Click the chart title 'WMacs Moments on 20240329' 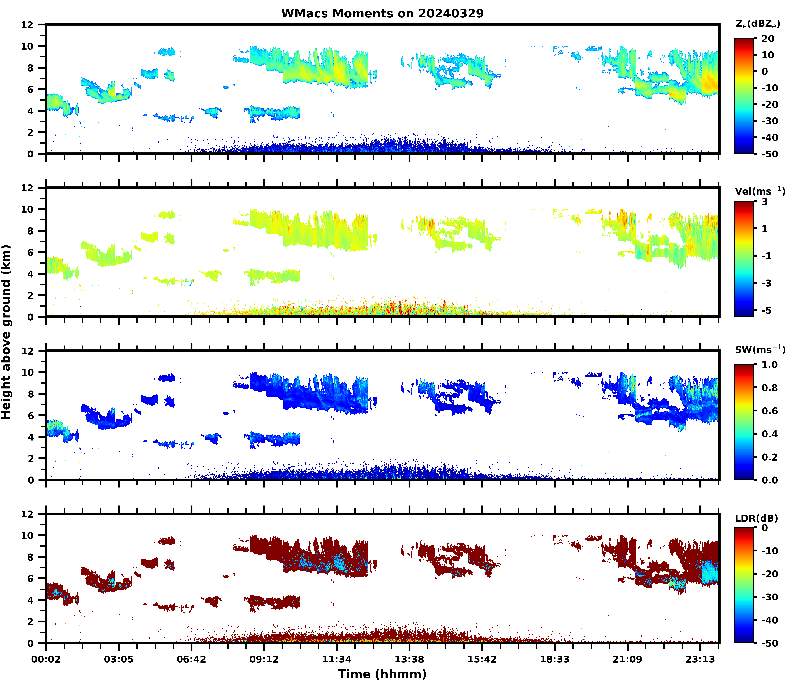pyautogui.click(x=382, y=13)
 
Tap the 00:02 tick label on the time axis pyautogui.click(x=46, y=659)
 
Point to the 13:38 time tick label pyautogui.click(x=409, y=659)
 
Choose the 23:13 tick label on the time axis pyautogui.click(x=700, y=659)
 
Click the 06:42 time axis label pyautogui.click(x=191, y=659)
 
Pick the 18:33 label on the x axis pyautogui.click(x=555, y=659)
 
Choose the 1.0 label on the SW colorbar pyautogui.click(x=769, y=365)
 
